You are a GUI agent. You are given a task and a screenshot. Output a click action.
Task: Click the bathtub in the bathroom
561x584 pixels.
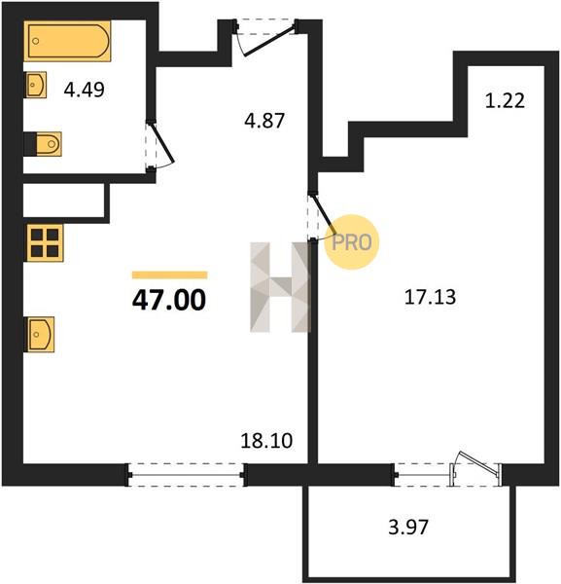pyautogui.click(x=67, y=41)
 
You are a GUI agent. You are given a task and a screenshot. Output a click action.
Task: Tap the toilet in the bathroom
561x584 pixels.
pyautogui.click(x=49, y=144)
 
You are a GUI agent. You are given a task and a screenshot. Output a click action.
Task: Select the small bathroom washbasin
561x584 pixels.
pyautogui.click(x=36, y=85)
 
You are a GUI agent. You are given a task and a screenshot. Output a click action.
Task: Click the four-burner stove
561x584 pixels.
pyautogui.click(x=45, y=242)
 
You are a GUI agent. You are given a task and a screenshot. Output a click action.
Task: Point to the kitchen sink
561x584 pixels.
pyautogui.click(x=40, y=335)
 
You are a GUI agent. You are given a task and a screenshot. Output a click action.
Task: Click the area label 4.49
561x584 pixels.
pyautogui.click(x=84, y=90)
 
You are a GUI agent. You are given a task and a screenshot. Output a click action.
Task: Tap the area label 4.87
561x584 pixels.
pyautogui.click(x=264, y=121)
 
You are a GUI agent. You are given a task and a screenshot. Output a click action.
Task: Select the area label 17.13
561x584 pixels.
pyautogui.click(x=430, y=298)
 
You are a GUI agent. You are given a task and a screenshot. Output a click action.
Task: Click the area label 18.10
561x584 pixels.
pyautogui.click(x=266, y=441)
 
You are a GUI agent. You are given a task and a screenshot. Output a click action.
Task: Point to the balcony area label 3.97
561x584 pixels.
pyautogui.click(x=408, y=527)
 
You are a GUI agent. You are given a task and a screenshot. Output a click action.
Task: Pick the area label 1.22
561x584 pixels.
pyautogui.click(x=505, y=100)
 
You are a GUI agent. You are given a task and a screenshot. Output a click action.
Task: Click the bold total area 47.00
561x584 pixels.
pyautogui.click(x=169, y=300)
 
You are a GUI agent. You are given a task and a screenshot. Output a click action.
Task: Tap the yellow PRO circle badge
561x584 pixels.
pyautogui.click(x=352, y=242)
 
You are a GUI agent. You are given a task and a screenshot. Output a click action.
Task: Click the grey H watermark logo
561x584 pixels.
pyautogui.click(x=280, y=287)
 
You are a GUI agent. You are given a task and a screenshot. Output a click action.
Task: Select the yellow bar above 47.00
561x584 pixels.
pyautogui.click(x=169, y=275)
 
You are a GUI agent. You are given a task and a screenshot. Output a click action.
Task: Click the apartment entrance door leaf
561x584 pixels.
pyautogui.click(x=269, y=40)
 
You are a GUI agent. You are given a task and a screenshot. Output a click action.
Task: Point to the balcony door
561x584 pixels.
pyautogui.click(x=476, y=470)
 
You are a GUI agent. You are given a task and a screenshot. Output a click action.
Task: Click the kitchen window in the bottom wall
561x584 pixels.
pyautogui.click(x=187, y=475)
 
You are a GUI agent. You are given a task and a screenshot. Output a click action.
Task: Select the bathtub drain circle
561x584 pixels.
pyautogui.click(x=36, y=41)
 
